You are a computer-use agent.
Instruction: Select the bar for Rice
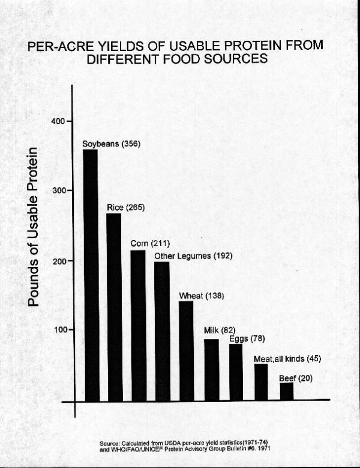[114, 307]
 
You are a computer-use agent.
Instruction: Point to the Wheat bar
[187, 350]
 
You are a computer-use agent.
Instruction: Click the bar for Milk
[211, 370]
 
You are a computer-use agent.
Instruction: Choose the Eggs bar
[236, 372]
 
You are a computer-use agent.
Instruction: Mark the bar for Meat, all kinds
[261, 382]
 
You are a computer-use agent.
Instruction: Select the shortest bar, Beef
[286, 391]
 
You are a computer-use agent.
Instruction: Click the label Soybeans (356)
[111, 144]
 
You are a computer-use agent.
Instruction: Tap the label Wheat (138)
[200, 296]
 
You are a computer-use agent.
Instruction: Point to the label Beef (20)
[296, 379]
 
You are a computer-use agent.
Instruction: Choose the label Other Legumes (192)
[193, 256]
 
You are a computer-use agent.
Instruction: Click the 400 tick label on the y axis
[58, 121]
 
